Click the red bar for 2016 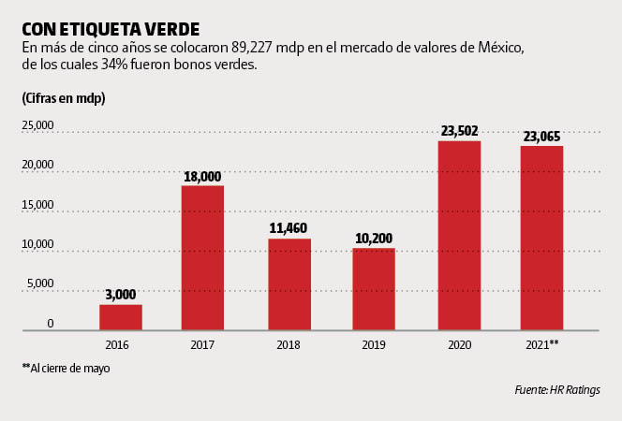(121, 317)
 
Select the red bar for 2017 (202, 258)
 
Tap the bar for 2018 (289, 284)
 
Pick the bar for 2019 (374, 289)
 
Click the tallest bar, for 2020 (460, 236)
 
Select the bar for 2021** (541, 238)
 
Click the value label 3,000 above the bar (121, 295)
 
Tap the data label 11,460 (289, 228)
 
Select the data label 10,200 (374, 238)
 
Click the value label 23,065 (541, 137)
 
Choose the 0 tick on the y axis (50, 324)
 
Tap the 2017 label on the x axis (202, 345)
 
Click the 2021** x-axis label (541, 345)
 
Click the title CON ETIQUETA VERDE (110, 28)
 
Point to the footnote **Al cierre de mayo (66, 369)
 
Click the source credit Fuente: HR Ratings (556, 390)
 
